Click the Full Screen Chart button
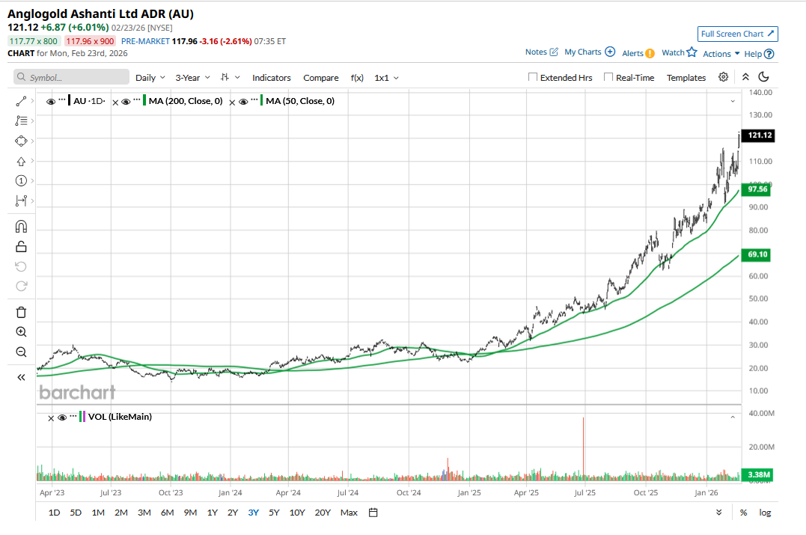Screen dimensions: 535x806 pos(738,34)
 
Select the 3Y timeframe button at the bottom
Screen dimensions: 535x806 pos(254,513)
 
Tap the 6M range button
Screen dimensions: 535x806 pos(167,513)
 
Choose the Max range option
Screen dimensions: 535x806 pos(349,513)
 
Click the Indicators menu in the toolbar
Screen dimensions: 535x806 pos(272,78)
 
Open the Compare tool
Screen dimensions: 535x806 pos(321,78)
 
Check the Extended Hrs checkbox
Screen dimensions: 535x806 pos(533,77)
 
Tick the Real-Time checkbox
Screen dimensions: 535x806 pos(608,77)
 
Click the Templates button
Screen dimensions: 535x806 pos(686,78)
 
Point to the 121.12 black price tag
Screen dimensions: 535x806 pos(757,135)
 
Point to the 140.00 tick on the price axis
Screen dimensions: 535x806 pos(760,92)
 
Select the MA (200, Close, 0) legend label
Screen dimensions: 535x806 pos(186,101)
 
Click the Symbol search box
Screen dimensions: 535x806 pos(72,77)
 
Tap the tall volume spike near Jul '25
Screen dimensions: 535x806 pos(583,449)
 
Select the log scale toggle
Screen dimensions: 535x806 pos(765,513)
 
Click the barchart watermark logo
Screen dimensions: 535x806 pos(77,392)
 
